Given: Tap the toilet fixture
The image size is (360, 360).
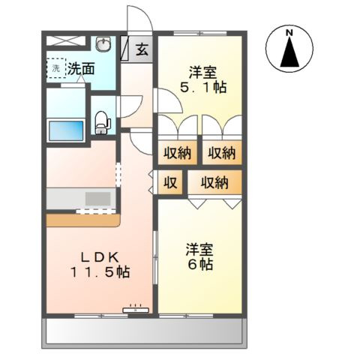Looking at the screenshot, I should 101,120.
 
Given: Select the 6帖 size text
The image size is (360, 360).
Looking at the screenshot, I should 199,264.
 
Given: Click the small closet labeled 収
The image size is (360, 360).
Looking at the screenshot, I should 171,181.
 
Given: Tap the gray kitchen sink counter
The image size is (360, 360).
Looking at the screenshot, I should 81,199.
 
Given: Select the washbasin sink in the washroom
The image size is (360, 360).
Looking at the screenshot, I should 105,43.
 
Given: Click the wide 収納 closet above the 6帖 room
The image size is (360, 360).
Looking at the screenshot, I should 215,181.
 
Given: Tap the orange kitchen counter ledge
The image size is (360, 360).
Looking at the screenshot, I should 82,220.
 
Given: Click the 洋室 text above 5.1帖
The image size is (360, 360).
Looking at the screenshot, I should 202,73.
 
